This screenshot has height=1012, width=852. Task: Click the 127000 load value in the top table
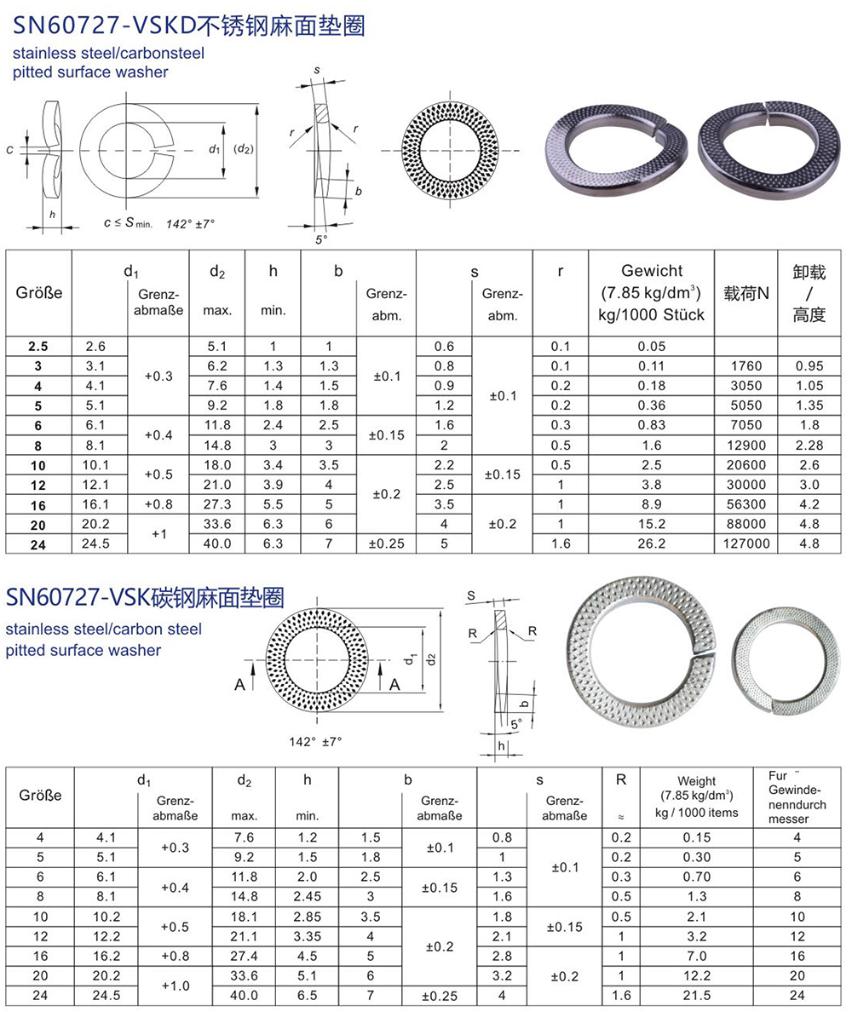point(746,543)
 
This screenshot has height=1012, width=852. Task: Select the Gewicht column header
point(651,292)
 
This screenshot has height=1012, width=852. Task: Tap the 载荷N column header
point(746,294)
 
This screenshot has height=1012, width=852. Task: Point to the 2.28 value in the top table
point(809,446)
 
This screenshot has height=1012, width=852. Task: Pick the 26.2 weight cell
point(651,543)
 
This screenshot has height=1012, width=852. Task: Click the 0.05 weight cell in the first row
point(651,347)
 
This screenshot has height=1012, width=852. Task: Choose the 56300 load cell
point(746,504)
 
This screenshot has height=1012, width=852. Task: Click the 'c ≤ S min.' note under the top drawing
point(128,222)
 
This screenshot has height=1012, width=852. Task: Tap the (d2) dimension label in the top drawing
point(244,149)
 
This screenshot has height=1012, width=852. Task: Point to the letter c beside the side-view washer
point(9,151)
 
